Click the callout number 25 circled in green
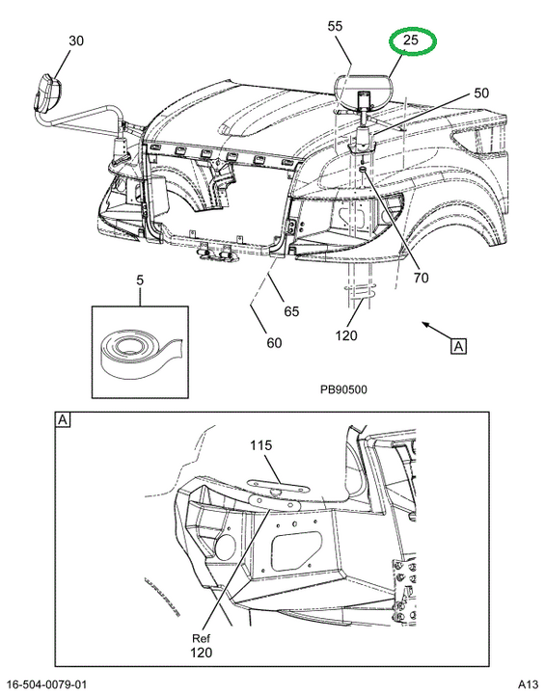(x=411, y=40)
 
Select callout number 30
(x=76, y=40)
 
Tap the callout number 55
(x=335, y=26)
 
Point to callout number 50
(x=481, y=93)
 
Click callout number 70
(x=421, y=278)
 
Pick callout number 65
(x=291, y=311)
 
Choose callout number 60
(x=274, y=343)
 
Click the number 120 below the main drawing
(x=346, y=336)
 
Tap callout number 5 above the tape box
(x=140, y=280)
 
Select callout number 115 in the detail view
(x=260, y=445)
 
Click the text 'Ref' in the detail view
(x=202, y=638)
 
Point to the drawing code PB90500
(x=343, y=389)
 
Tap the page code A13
(x=528, y=684)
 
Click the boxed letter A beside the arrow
(x=458, y=346)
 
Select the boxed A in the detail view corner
(x=63, y=419)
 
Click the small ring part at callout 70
(x=362, y=169)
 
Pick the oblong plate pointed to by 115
(x=278, y=488)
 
